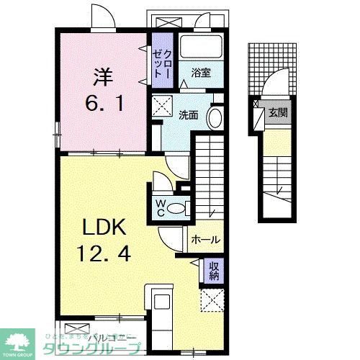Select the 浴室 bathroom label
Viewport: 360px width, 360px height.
point(200,72)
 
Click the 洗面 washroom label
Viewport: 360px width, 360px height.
point(188,114)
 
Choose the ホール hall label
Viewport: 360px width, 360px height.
point(205,240)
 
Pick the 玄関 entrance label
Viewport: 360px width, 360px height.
point(277,112)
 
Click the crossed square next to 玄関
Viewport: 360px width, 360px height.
point(256,112)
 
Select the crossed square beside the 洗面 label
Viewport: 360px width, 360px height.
point(160,104)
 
